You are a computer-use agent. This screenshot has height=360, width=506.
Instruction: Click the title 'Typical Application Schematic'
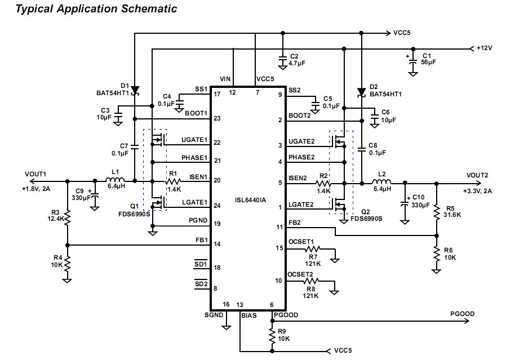(88, 8)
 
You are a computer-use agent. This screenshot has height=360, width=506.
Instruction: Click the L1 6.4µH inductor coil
(116, 181)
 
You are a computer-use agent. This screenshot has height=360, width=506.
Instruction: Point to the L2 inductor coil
(383, 183)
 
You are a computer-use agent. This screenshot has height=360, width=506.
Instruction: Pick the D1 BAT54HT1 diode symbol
(135, 90)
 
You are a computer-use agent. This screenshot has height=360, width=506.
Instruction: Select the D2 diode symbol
(361, 92)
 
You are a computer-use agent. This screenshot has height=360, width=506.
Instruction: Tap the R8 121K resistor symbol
(311, 281)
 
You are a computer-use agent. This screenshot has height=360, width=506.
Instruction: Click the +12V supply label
(484, 48)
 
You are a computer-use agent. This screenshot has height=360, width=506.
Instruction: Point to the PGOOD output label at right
(462, 314)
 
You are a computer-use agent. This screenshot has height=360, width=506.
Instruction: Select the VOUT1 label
(35, 174)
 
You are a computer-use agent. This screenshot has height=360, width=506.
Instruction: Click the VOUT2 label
(477, 175)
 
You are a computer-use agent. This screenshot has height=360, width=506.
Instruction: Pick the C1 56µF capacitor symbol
(415, 59)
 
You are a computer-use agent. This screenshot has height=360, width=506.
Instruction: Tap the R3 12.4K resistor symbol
(67, 217)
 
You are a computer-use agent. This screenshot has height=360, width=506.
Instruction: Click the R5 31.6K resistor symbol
(436, 212)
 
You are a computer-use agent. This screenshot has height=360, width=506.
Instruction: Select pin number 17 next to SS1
(216, 94)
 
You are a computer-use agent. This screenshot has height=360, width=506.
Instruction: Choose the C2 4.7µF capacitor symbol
(282, 59)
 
